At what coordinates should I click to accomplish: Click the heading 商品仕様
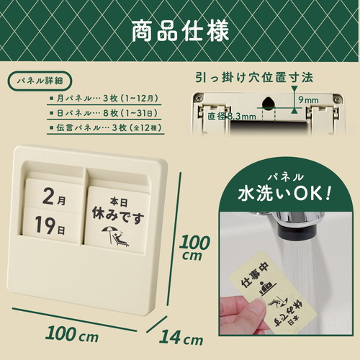pyautogui.click(x=180, y=32)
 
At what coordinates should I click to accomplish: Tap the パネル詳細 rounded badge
pyautogui.click(x=40, y=81)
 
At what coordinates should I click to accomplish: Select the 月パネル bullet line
pyautogui.click(x=104, y=98)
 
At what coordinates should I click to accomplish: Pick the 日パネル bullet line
pyautogui.click(x=104, y=113)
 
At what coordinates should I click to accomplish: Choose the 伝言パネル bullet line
pyautogui.click(x=105, y=127)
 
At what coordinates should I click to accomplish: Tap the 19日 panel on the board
pyautogui.click(x=51, y=225)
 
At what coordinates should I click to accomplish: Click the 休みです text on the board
pyautogui.click(x=118, y=215)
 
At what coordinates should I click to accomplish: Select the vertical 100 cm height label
pyautogui.click(x=194, y=247)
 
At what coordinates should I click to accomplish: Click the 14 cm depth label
pyautogui.click(x=181, y=337)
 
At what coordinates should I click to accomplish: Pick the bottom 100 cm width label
pyautogui.click(x=72, y=333)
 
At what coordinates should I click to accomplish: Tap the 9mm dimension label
pyautogui.click(x=309, y=100)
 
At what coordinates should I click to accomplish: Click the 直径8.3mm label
pyautogui.click(x=232, y=117)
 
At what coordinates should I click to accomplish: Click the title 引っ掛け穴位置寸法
pyautogui.click(x=254, y=78)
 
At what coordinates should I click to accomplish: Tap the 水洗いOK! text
pyautogui.click(x=284, y=193)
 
